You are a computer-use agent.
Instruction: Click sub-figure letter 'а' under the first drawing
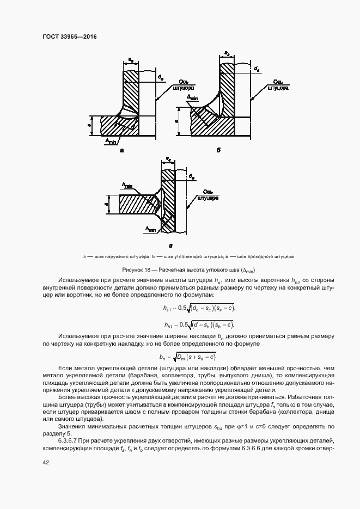click(x=121, y=150)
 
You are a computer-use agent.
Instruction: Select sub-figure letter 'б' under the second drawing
click(x=217, y=150)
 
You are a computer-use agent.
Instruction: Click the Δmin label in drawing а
click(x=112, y=140)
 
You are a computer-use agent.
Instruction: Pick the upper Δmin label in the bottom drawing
click(x=126, y=186)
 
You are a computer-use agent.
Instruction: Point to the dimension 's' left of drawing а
click(x=90, y=125)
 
